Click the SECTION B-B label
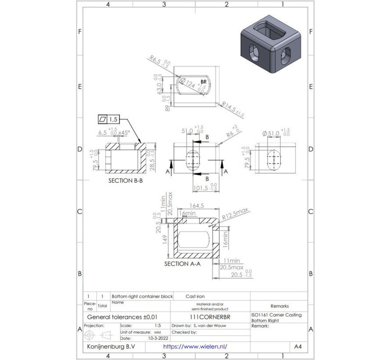pyautogui.click(x=126, y=180)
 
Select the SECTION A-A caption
pyautogui.click(x=182, y=264)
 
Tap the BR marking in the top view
pyautogui.click(x=203, y=82)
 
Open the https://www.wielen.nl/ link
pyautogui.click(x=195, y=346)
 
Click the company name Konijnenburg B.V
pyautogui.click(x=111, y=346)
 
